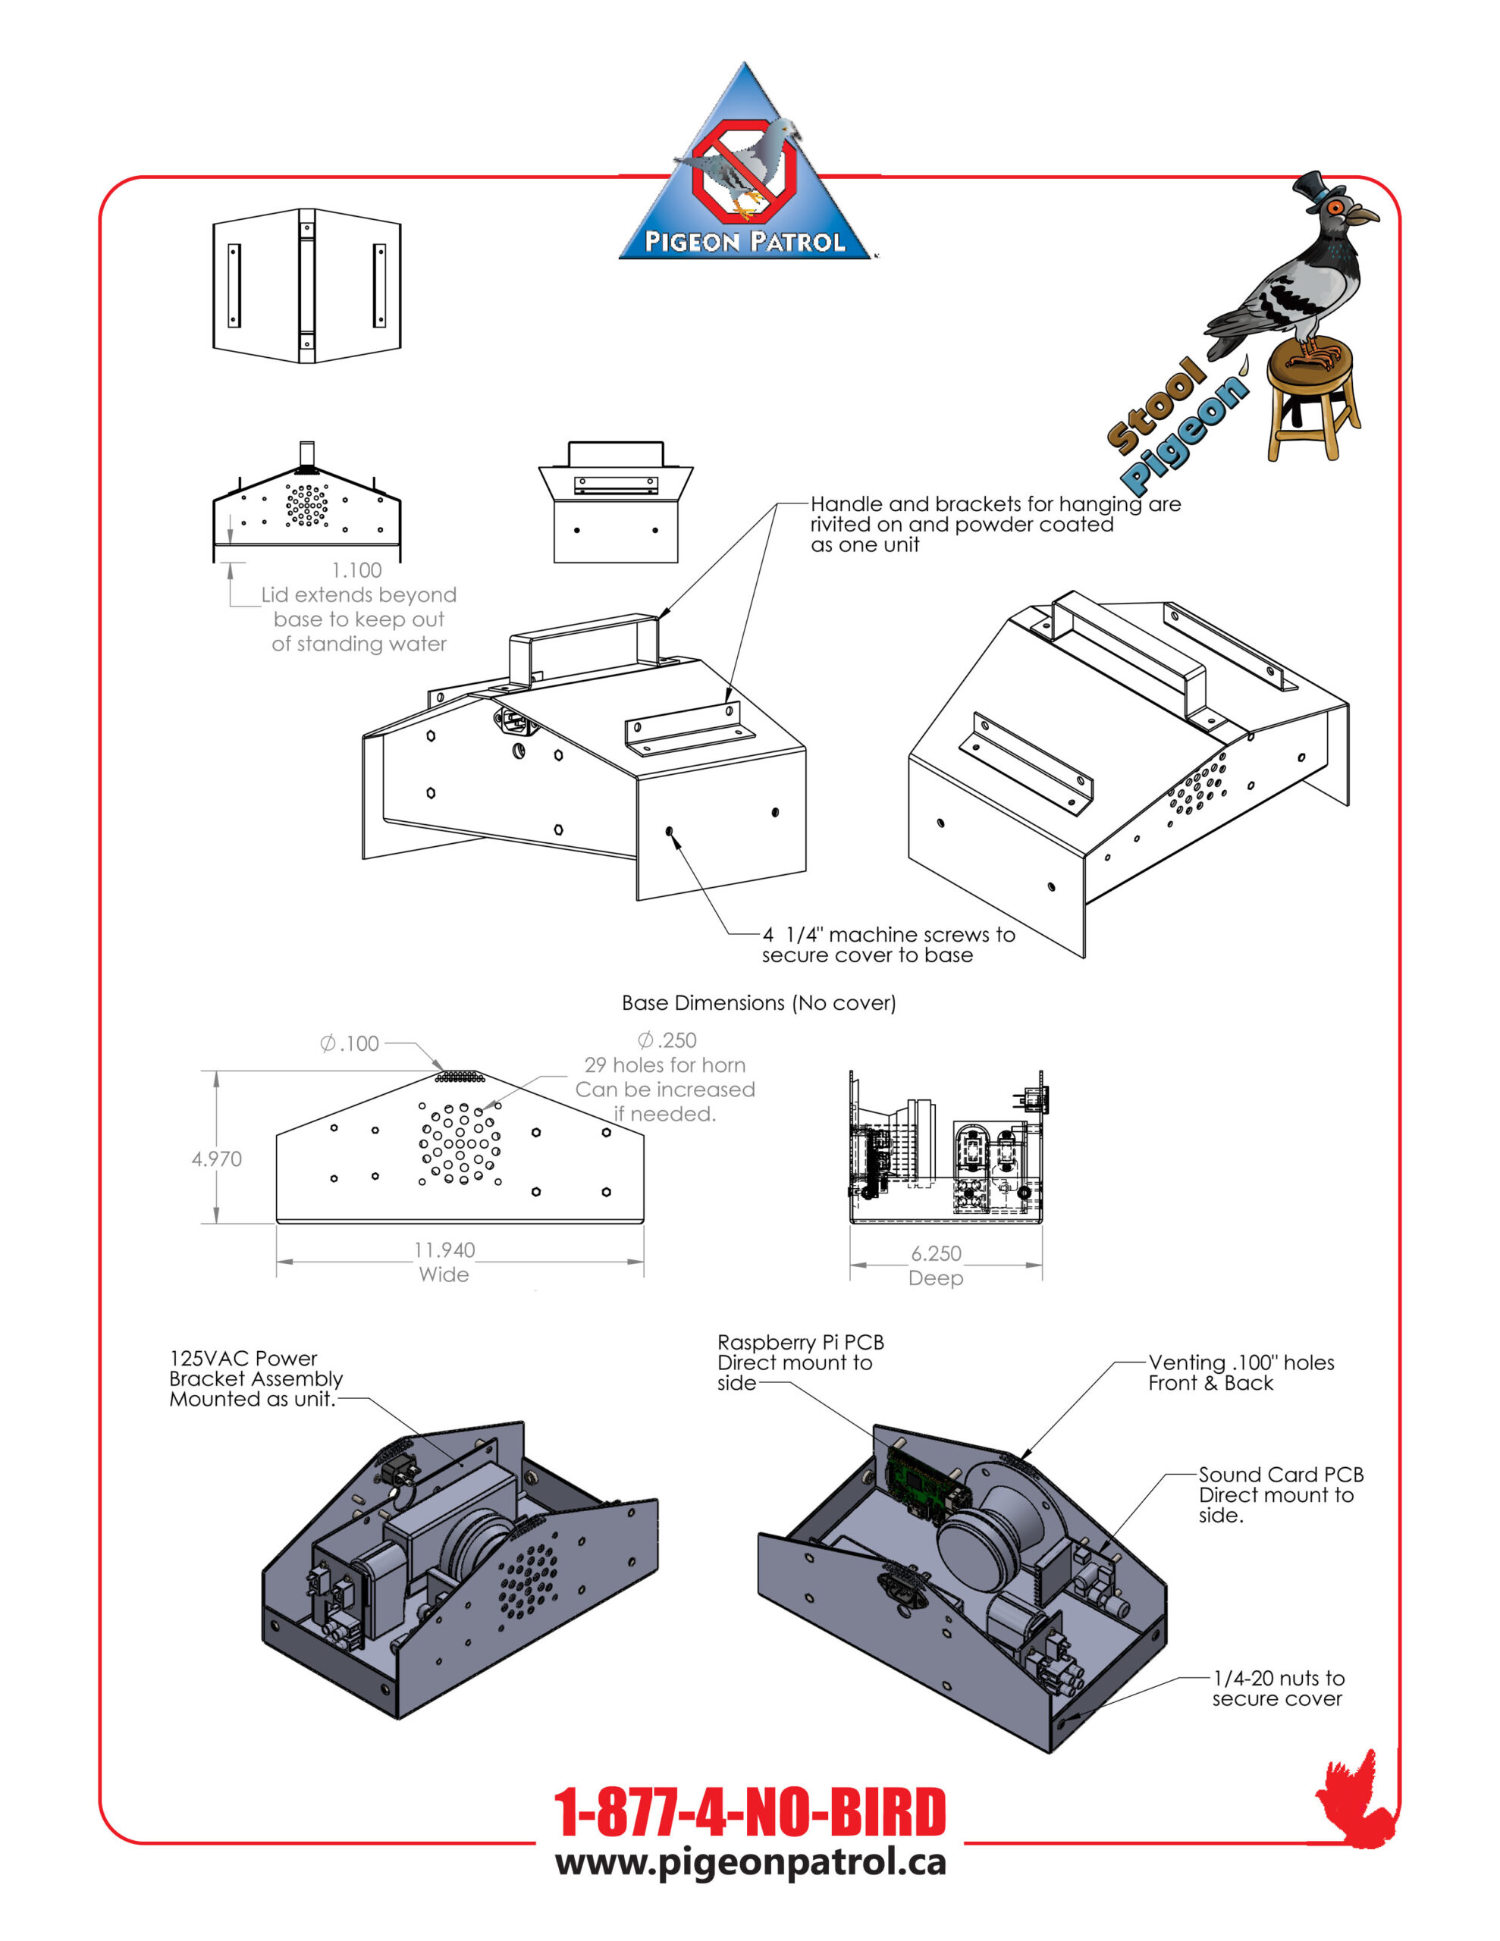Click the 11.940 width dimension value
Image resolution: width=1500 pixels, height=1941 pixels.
[x=444, y=1250]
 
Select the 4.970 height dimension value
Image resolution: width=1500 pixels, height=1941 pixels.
[x=216, y=1159]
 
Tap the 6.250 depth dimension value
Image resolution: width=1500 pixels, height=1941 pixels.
[x=935, y=1253]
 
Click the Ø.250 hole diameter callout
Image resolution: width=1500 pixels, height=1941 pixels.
[x=667, y=1039]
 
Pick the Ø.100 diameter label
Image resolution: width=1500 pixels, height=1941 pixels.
[x=350, y=1043]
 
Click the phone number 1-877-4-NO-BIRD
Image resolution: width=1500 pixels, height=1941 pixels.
[x=748, y=1813]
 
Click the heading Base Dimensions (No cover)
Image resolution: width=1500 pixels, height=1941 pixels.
[x=758, y=1002]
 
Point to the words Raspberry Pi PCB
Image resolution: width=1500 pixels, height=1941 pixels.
[x=800, y=1342]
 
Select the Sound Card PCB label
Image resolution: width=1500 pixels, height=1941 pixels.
[x=1280, y=1475]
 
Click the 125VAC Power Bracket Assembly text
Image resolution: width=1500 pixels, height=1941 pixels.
[x=256, y=1378]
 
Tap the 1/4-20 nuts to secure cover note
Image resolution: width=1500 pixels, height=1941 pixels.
[x=1278, y=1688]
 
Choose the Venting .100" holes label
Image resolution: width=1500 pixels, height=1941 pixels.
[x=1241, y=1362]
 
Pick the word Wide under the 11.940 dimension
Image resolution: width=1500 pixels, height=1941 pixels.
[x=444, y=1275]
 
